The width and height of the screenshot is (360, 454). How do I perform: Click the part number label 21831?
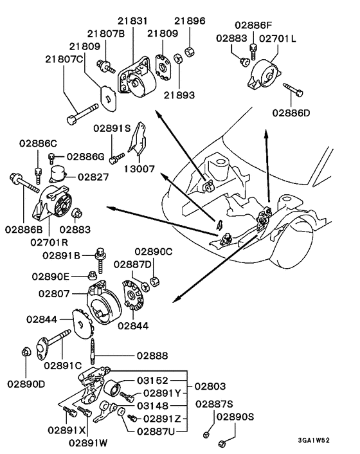pyautogui.click(x=132, y=21)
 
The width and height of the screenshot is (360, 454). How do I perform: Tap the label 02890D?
pyautogui.click(x=27, y=384)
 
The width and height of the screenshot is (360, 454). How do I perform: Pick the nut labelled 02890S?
pyautogui.click(x=221, y=443)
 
